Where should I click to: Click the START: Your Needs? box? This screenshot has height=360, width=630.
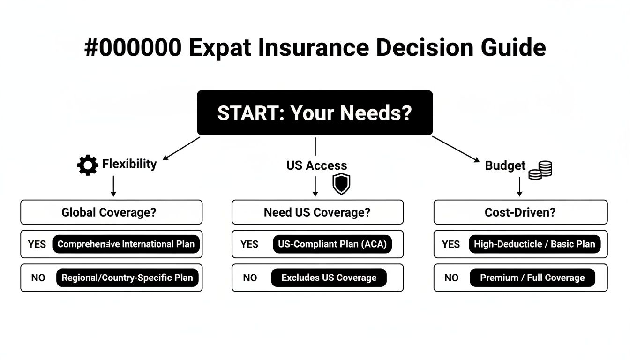point(315,113)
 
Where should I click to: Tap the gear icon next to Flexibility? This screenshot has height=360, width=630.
point(88,165)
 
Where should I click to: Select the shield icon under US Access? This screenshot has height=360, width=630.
point(341,184)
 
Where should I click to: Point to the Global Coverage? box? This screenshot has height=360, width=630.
point(112,212)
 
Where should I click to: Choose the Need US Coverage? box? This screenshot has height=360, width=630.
point(317,212)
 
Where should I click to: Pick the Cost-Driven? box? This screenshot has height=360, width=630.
point(520,212)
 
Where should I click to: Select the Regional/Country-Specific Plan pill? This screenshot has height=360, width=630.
point(127,278)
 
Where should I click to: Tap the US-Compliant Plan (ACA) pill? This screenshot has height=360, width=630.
point(332,244)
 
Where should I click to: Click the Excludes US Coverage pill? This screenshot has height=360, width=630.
point(329,278)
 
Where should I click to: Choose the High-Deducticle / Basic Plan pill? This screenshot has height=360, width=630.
point(534,244)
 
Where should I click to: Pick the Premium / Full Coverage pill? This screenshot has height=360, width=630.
point(532,278)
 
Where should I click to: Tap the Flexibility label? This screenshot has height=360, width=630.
point(129,164)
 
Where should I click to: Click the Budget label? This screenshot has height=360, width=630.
point(505,165)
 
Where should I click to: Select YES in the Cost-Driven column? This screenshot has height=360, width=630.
point(451,244)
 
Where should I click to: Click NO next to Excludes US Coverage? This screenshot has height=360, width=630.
point(250,278)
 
